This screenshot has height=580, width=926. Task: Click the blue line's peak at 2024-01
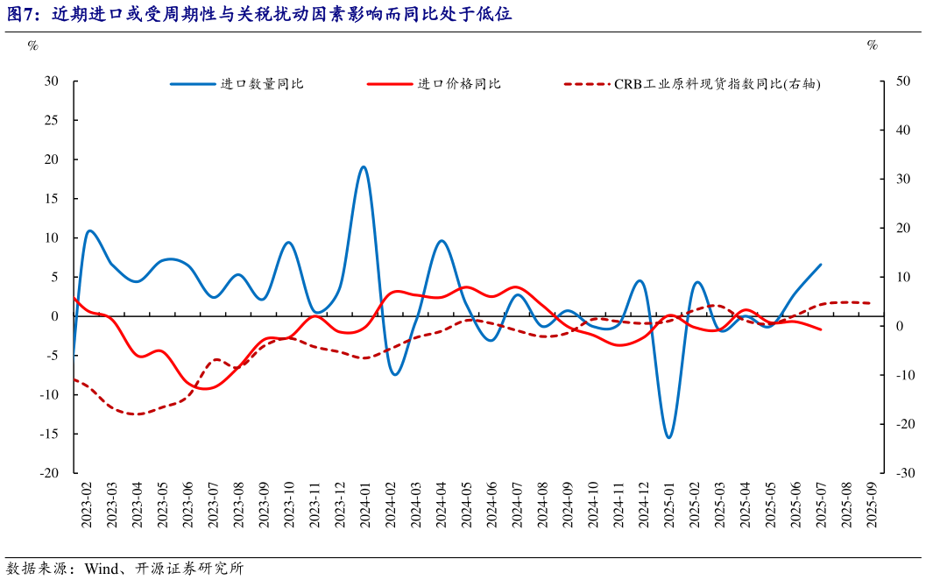click(x=363, y=166)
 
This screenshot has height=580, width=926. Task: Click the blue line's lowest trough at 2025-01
click(x=668, y=437)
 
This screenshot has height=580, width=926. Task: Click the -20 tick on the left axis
click(x=49, y=473)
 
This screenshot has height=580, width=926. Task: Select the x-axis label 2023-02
click(x=87, y=505)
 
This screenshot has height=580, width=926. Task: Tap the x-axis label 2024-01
click(x=363, y=505)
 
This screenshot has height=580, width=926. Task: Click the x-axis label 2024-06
click(x=491, y=505)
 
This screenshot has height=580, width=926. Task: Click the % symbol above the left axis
click(x=32, y=46)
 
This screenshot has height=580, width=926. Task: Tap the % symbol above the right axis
click(x=872, y=46)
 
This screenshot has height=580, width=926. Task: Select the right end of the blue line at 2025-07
click(x=821, y=265)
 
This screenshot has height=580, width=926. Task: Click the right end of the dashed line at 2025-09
click(x=870, y=303)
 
